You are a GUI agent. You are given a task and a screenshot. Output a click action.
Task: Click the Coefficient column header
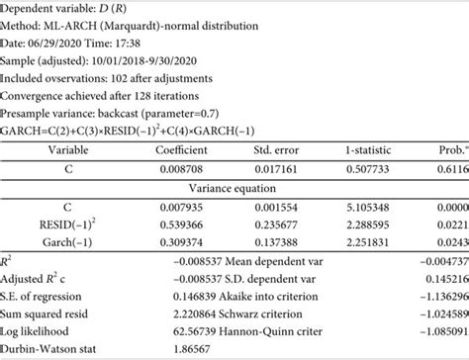[x=180, y=148]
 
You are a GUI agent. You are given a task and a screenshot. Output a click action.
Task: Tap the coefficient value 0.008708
[x=179, y=168]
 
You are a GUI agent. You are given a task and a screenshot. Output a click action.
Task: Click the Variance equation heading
[x=234, y=187]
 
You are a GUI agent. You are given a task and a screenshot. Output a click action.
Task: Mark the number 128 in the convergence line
[x=147, y=96]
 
